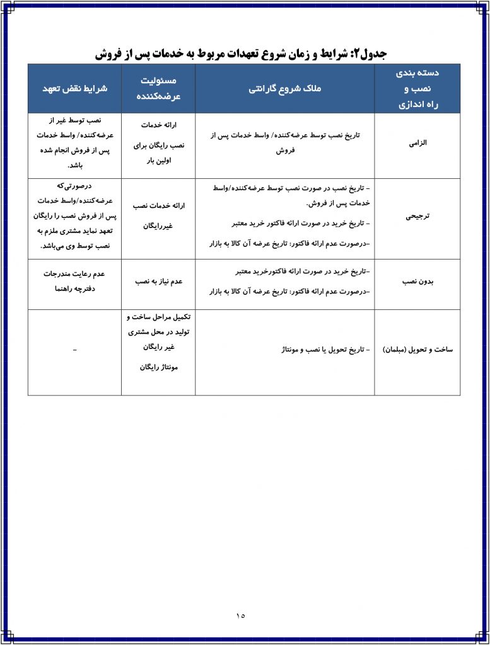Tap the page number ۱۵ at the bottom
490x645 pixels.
(x=241, y=615)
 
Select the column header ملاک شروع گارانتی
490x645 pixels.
(x=285, y=89)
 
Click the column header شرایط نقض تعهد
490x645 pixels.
(x=75, y=89)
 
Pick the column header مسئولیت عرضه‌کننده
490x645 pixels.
(x=159, y=89)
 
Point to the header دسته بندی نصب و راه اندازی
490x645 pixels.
(x=417, y=89)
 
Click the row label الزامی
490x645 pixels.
(x=418, y=143)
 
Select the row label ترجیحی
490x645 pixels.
(x=417, y=215)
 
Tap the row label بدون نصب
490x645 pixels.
(x=417, y=282)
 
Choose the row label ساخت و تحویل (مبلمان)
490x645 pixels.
(x=417, y=349)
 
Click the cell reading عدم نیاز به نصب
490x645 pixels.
(x=159, y=282)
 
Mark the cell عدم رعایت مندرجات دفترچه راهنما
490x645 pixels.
(x=75, y=282)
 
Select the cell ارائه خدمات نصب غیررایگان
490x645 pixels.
(x=159, y=215)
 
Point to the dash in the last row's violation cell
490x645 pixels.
(x=75, y=349)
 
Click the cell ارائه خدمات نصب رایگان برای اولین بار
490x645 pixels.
(x=159, y=143)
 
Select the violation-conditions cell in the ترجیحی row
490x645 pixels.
(x=75, y=215)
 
